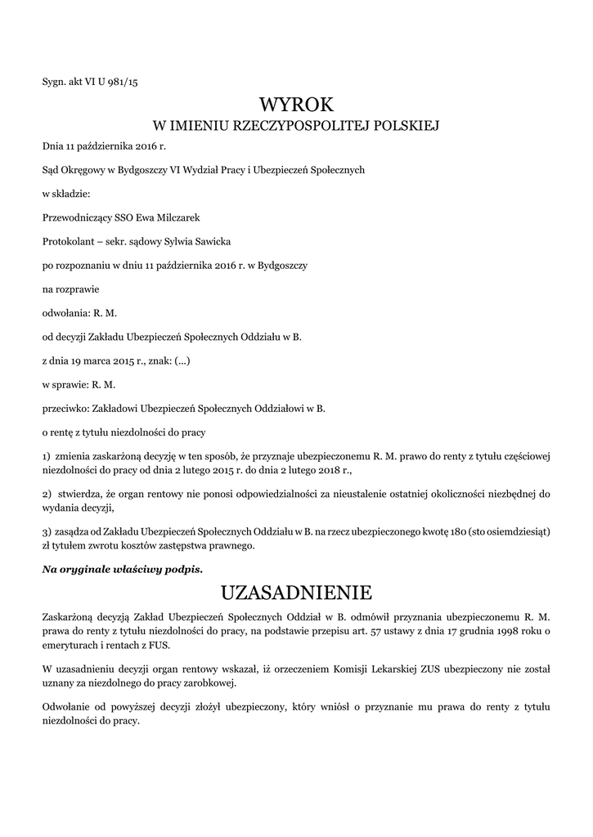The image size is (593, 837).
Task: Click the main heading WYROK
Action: (x=296, y=105)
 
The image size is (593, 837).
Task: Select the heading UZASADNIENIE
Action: (x=296, y=591)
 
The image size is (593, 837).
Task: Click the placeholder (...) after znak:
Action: (x=182, y=360)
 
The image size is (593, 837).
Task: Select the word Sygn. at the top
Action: (x=54, y=81)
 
